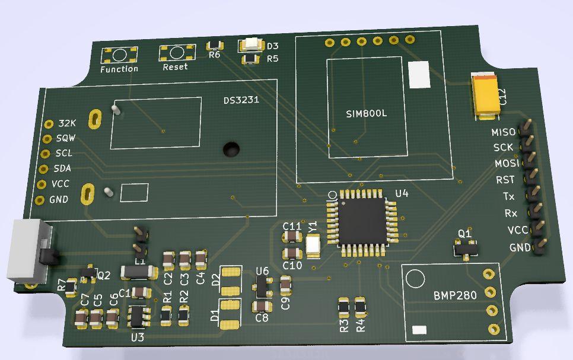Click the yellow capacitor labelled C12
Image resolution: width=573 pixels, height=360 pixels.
click(486, 93)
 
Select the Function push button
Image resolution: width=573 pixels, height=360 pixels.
click(119, 55)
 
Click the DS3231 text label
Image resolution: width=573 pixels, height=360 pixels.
click(241, 100)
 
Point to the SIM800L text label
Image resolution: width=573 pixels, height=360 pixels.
click(366, 113)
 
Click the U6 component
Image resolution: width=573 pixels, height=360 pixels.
click(262, 287)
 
